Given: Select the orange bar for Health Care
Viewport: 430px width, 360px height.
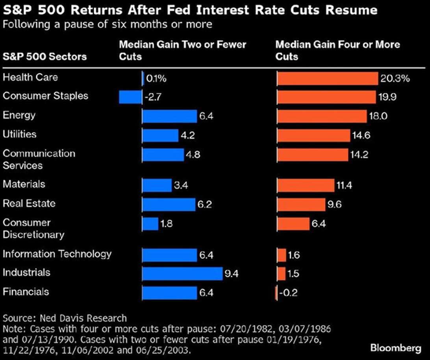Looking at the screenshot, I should tap(328, 78).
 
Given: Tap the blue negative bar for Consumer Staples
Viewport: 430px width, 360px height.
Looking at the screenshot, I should tap(130, 97).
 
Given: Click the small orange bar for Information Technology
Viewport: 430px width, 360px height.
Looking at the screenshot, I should tap(282, 255).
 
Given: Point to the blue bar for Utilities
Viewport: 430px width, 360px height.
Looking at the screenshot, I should tap(160, 135).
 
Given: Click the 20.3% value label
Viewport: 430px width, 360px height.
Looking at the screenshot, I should tap(395, 79).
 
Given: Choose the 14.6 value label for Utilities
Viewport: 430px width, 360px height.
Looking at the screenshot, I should tap(361, 136).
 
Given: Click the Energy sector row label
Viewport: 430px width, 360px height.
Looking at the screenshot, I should tap(19, 115).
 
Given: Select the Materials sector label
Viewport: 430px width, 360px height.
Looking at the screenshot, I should tap(24, 184).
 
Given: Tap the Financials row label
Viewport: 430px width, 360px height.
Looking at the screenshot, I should tap(26, 292).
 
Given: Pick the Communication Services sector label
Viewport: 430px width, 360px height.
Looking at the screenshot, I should tap(39, 159).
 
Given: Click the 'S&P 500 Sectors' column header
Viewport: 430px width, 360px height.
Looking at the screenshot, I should tap(44, 57).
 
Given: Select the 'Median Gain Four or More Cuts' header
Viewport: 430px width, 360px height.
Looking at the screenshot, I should tap(337, 50).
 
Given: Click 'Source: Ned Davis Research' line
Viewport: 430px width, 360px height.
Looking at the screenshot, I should tap(65, 318).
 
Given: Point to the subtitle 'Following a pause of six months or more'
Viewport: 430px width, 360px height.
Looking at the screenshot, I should tap(107, 24).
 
